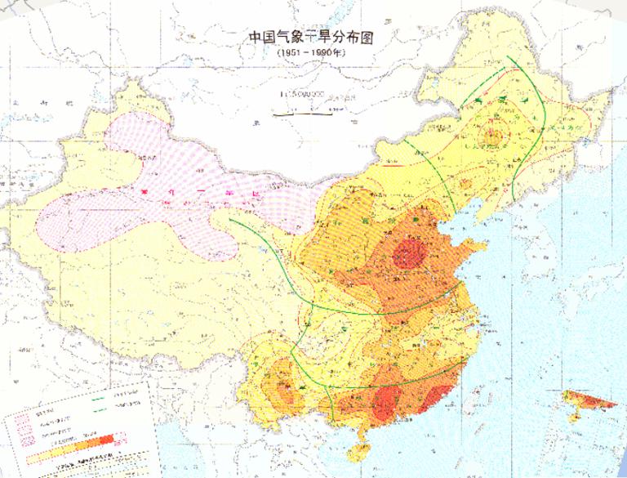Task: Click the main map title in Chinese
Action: pos(314,38)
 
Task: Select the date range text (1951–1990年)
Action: pos(313,51)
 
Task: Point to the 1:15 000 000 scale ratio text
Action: pos(301,94)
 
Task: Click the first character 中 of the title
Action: pos(255,38)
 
